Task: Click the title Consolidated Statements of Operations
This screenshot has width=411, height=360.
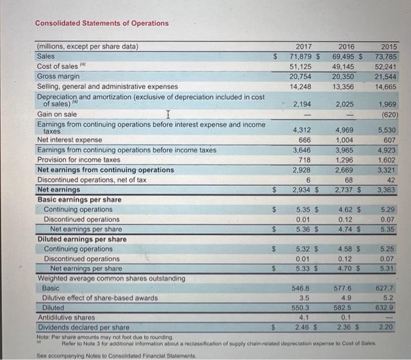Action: point(102,23)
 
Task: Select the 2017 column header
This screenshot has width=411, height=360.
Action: point(304,46)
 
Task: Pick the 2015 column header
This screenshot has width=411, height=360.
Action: point(388,46)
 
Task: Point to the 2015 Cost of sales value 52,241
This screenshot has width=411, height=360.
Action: point(388,66)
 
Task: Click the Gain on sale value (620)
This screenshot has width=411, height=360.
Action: point(390,115)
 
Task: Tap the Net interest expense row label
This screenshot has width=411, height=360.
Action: point(70,140)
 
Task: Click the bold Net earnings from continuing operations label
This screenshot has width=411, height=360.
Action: point(105,170)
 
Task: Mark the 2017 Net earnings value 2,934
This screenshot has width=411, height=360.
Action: point(302,190)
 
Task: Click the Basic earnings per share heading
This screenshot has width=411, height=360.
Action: point(79,200)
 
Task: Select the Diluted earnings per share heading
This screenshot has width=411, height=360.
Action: point(82,240)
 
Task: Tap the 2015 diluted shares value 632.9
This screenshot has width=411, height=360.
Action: point(388,308)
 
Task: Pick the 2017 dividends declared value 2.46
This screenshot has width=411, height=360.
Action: point(302,327)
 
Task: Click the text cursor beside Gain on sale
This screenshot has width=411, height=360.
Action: point(168,115)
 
